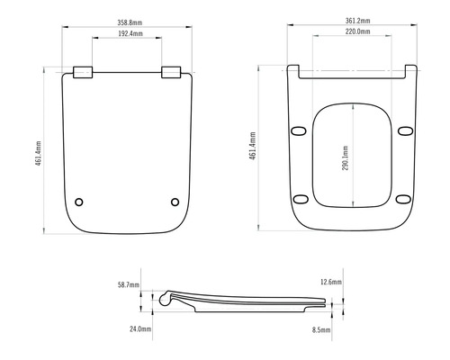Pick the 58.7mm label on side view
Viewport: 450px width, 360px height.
(130, 284)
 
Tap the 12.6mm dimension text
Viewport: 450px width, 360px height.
(331, 283)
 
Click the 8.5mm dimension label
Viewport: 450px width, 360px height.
(322, 330)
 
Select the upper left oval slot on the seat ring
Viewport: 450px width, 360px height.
(300, 132)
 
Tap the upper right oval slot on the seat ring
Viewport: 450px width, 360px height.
(401, 132)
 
